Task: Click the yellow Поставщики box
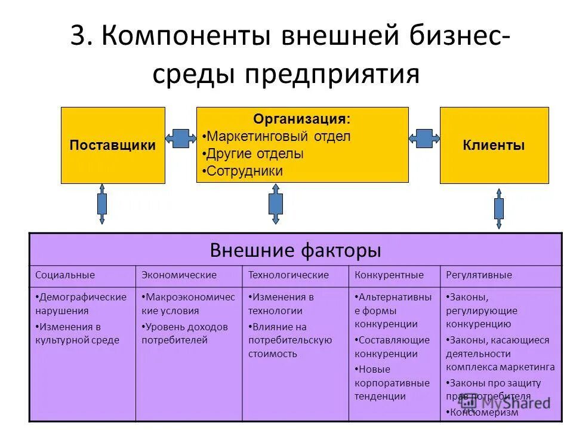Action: [113, 145]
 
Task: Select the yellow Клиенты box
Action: [494, 145]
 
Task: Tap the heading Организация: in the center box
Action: [302, 119]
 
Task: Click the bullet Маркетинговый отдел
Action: [278, 136]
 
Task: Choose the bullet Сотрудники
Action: [244, 171]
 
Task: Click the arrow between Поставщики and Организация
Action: [181, 139]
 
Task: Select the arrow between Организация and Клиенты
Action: [424, 139]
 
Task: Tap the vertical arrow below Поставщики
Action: [102, 204]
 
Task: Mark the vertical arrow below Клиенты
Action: [499, 208]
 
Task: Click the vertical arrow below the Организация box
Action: [275, 204]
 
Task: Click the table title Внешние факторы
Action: [295, 250]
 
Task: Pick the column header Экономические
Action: [179, 275]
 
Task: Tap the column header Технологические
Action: [289, 275]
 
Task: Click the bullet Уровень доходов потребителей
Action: [185, 333]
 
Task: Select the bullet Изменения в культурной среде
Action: [78, 333]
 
